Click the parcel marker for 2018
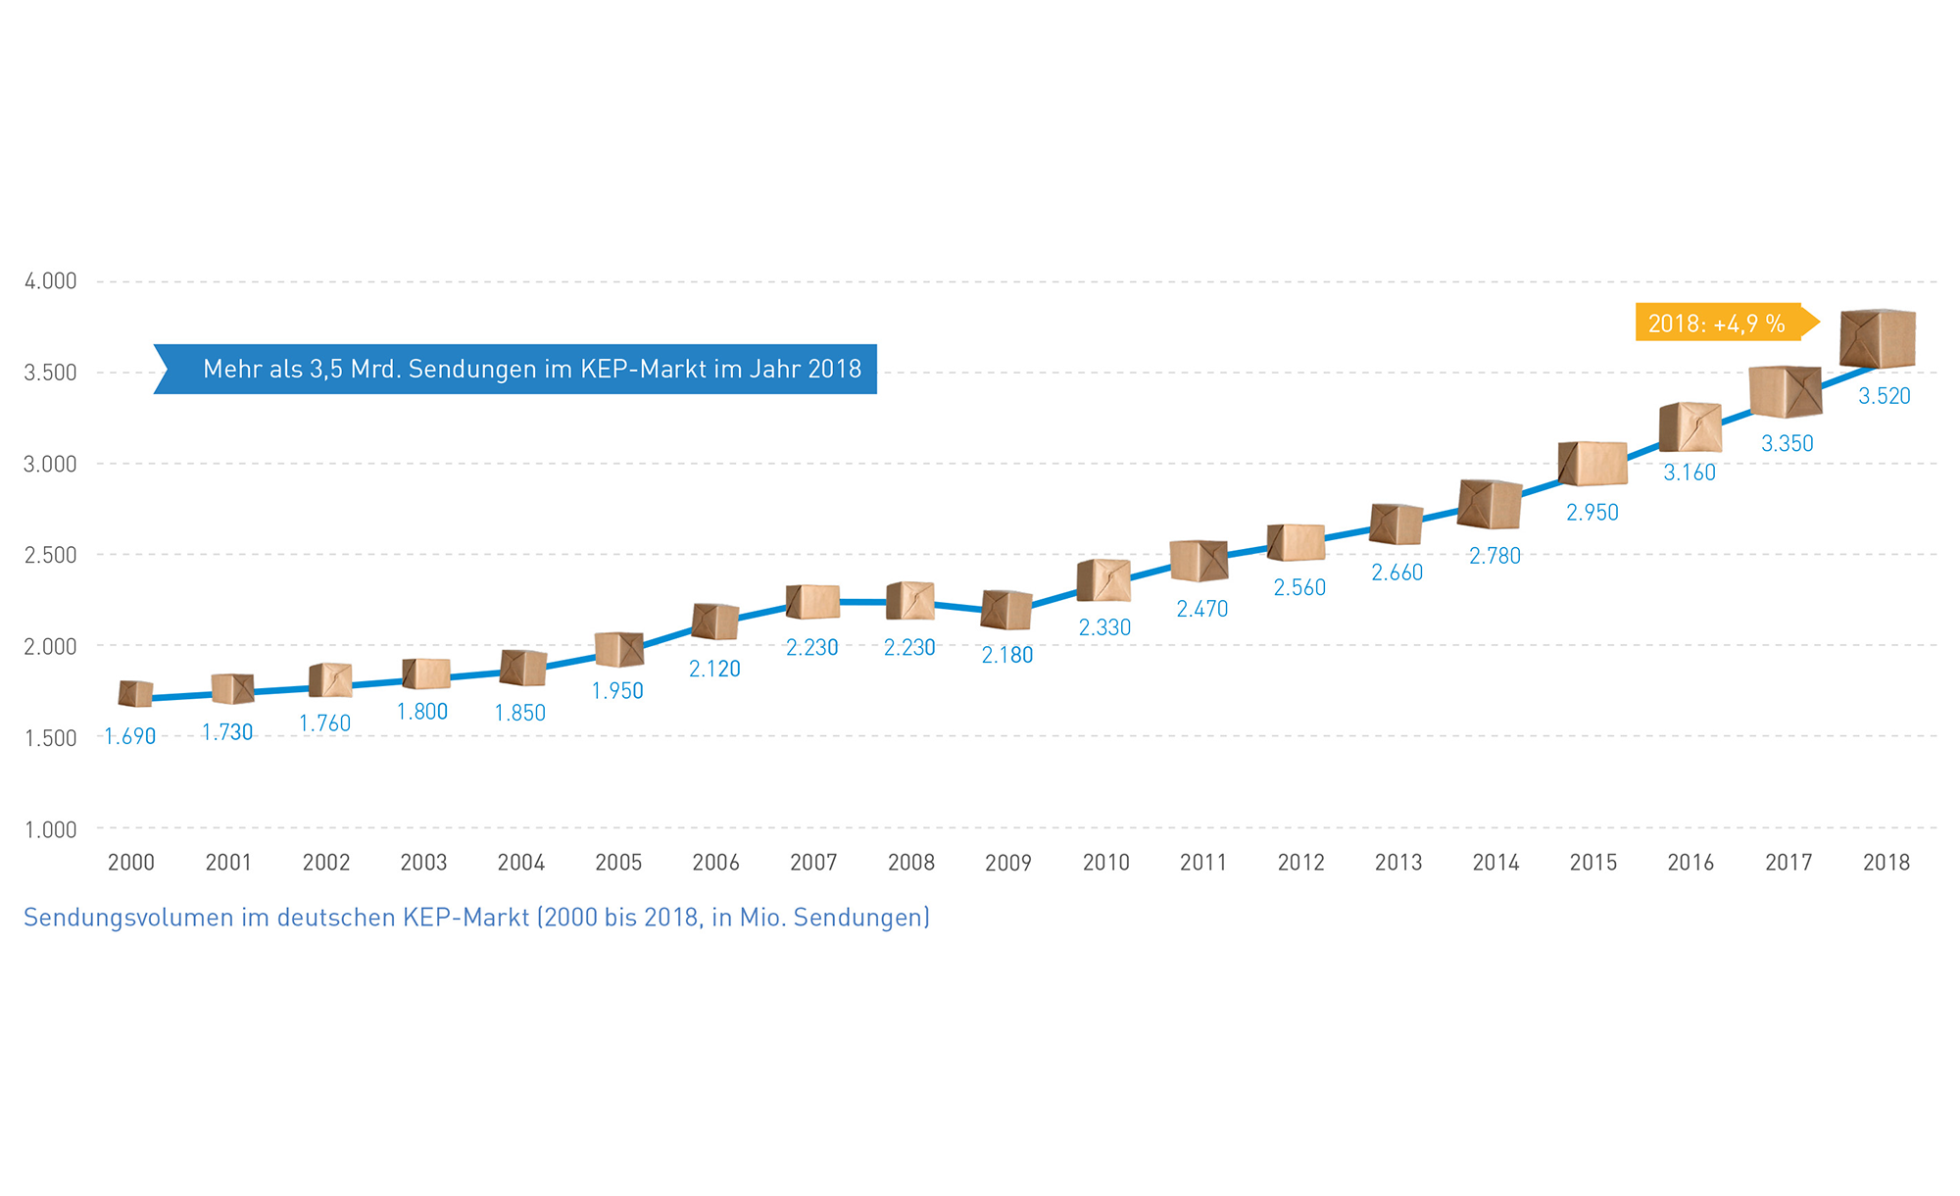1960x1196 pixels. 1878,338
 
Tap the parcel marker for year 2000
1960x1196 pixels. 135,693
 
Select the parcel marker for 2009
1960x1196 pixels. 1006,610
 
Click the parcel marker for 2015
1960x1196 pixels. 1592,464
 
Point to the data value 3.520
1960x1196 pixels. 1885,396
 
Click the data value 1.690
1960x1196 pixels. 130,736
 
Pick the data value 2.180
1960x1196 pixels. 1007,655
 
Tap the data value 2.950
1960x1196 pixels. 1592,512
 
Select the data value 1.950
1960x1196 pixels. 617,690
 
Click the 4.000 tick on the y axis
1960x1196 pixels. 51,281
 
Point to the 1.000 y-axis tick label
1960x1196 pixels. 51,829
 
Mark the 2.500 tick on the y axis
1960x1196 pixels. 51,555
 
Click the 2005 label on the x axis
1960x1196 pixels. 618,862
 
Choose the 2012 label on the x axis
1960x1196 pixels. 1300,862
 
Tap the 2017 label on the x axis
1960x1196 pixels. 1788,862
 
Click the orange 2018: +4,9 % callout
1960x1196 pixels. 1717,323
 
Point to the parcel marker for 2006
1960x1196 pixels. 715,622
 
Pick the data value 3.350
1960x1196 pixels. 1788,443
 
